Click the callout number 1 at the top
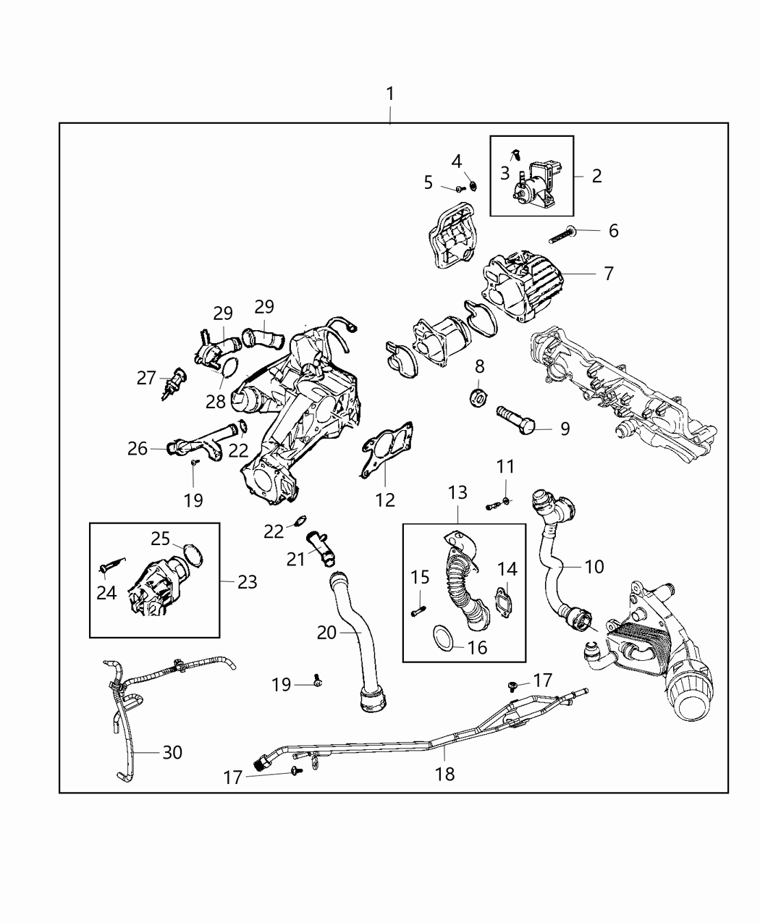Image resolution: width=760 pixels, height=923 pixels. click(390, 94)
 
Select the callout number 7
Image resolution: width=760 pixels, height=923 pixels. click(608, 274)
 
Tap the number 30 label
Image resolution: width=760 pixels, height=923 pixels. click(172, 753)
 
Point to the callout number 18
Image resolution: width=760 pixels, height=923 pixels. click(444, 774)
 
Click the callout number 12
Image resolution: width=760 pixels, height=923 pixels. click(385, 500)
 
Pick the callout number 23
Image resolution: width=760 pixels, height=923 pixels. click(247, 582)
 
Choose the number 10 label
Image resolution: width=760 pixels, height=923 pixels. click(594, 566)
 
